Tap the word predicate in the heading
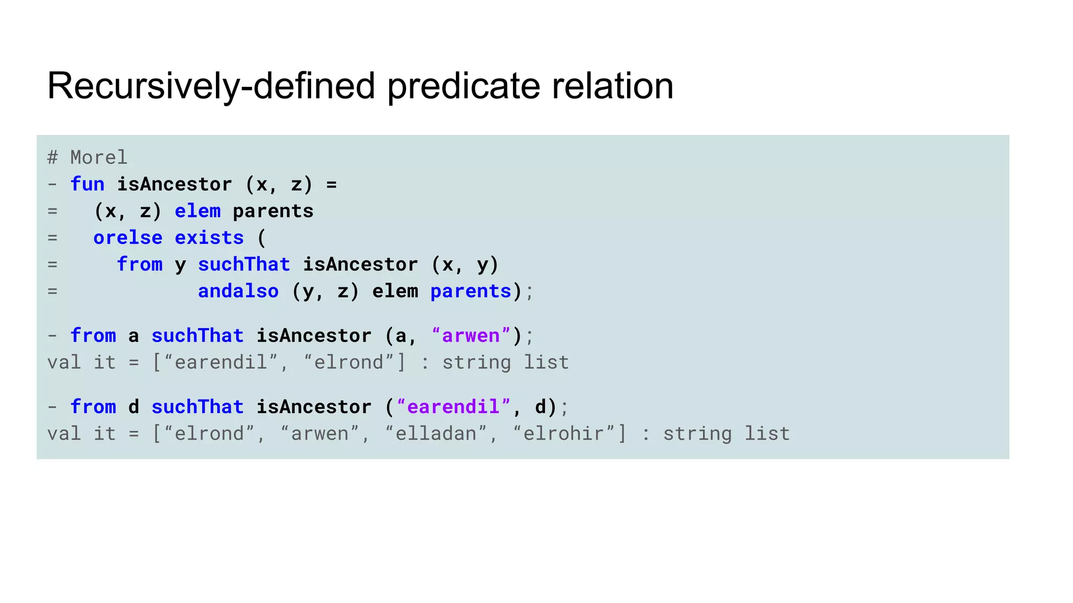point(464,86)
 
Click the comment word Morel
point(98,158)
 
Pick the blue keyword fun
point(87,184)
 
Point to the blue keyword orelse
point(128,238)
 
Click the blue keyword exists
point(209,238)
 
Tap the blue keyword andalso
point(238,291)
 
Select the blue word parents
point(470,291)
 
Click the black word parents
point(273,211)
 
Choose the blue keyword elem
point(198,211)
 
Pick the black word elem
point(395,291)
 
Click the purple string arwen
point(470,336)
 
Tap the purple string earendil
point(453,407)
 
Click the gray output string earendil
point(221,363)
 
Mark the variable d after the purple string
point(541,407)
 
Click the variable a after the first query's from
point(134,336)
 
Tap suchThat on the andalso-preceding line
point(244,264)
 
